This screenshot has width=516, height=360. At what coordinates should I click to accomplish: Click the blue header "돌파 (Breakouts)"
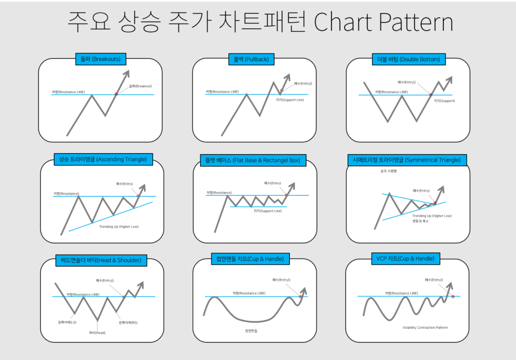click(x=100, y=59)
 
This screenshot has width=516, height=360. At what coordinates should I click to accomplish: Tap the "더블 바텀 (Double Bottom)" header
click(x=408, y=59)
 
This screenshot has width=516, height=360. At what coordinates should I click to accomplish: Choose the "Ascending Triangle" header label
click(x=102, y=159)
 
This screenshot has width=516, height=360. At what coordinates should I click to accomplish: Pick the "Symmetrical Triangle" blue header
click(x=407, y=160)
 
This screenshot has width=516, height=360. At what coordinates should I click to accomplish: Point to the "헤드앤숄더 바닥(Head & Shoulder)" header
click(x=101, y=261)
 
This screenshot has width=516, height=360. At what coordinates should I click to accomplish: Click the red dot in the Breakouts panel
click(x=116, y=94)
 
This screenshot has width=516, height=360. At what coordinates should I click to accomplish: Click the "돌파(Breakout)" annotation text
click(x=140, y=86)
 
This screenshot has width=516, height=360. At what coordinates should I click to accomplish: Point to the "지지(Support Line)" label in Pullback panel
click(x=290, y=100)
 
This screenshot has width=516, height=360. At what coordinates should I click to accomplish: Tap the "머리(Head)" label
click(x=97, y=332)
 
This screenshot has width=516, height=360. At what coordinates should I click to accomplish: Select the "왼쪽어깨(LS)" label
click(x=67, y=322)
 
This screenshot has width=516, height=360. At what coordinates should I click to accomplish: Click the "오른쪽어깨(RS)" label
click(x=128, y=322)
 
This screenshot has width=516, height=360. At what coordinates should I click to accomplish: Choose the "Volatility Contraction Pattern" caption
click(x=425, y=327)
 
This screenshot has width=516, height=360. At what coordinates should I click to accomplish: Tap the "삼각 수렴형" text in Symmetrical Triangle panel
click(x=389, y=171)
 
